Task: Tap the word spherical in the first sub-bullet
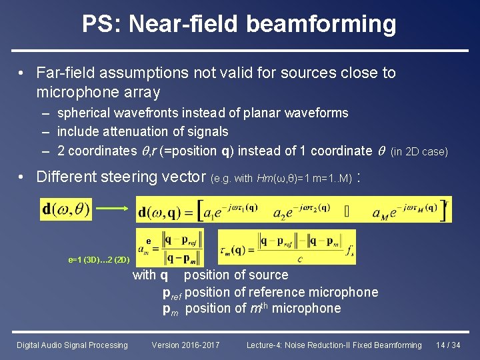pyautogui.click(x=83, y=113)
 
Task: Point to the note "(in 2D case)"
pyautogui.click(x=419, y=152)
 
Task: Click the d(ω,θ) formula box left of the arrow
pyautogui.click(x=66, y=209)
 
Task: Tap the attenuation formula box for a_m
pyautogui.click(x=175, y=247)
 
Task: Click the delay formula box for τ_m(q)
pyautogui.click(x=287, y=247)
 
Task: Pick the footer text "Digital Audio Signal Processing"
pyautogui.click(x=72, y=345)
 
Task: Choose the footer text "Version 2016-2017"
pyautogui.click(x=185, y=345)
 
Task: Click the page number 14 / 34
pyautogui.click(x=448, y=345)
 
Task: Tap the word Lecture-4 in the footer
pyautogui.click(x=265, y=345)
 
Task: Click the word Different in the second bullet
pyautogui.click(x=65, y=177)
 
